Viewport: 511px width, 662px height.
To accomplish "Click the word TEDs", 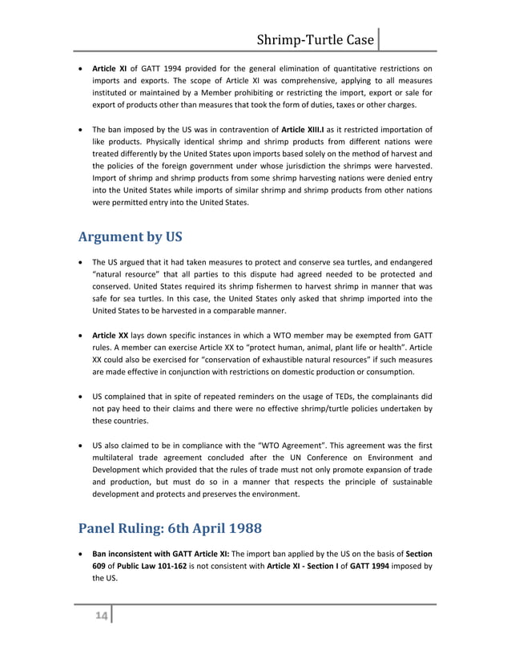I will coord(308,397).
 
